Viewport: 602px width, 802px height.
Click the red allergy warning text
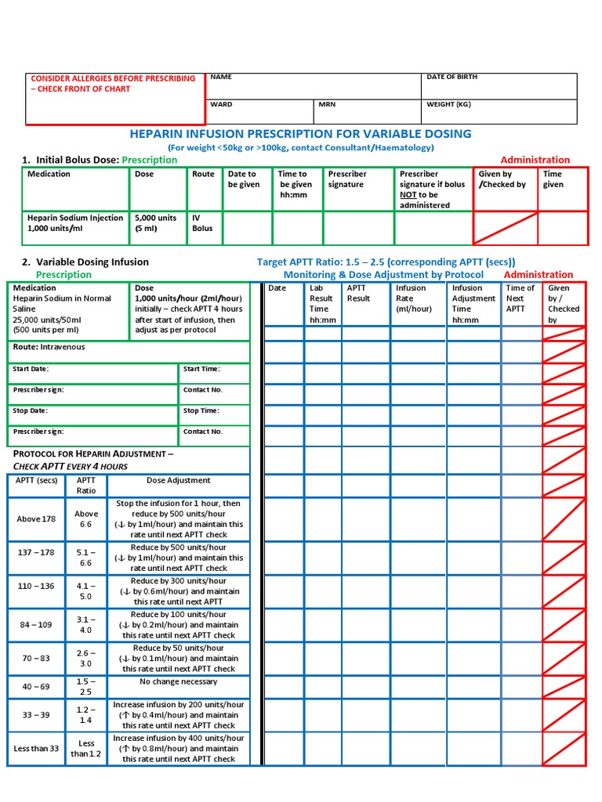[112, 84]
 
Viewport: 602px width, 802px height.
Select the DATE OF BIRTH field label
[451, 78]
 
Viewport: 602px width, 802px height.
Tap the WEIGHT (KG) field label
[448, 104]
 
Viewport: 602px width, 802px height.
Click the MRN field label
[328, 104]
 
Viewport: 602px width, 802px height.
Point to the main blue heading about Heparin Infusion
[301, 133]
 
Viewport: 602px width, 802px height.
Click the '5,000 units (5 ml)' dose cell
[156, 223]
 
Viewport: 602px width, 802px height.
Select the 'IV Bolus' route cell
[202, 223]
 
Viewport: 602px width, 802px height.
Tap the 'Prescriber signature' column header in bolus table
[347, 179]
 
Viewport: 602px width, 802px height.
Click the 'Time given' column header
[553, 179]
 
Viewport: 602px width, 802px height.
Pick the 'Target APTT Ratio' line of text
[386, 262]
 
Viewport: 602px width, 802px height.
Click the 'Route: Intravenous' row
[49, 347]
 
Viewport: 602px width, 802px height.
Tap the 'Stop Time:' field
[201, 410]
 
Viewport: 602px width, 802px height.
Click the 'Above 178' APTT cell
[38, 519]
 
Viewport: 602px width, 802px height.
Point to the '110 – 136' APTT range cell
[38, 586]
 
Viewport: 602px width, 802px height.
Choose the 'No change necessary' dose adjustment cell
[179, 682]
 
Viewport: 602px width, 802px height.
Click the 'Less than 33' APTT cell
[36, 749]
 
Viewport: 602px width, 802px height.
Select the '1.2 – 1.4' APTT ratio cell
[86, 714]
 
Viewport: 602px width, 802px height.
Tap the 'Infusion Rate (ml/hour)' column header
[414, 298]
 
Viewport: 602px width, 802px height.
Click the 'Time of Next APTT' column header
[520, 298]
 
